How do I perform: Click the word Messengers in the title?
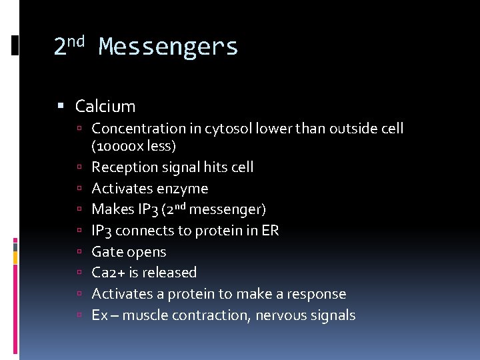(x=168, y=47)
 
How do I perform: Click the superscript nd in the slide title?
(x=77, y=41)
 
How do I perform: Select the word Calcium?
(x=105, y=106)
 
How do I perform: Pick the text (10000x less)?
(x=133, y=145)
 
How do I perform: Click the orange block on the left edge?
(x=15, y=257)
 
